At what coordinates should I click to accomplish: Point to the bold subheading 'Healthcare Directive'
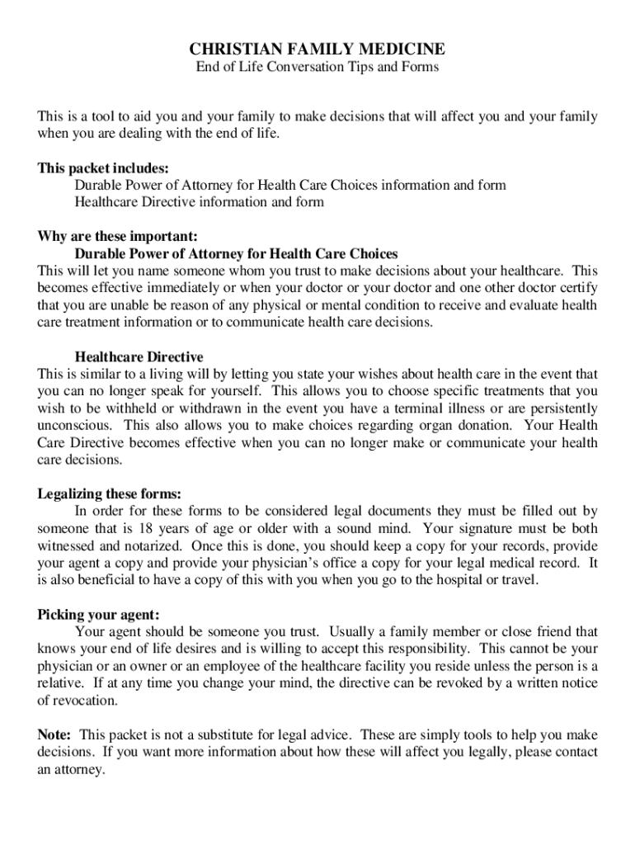tap(139, 356)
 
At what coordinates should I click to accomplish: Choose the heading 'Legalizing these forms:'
tap(109, 494)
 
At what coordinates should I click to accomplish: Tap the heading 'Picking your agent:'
tap(99, 615)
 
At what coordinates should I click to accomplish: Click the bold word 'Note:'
tap(54, 734)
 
